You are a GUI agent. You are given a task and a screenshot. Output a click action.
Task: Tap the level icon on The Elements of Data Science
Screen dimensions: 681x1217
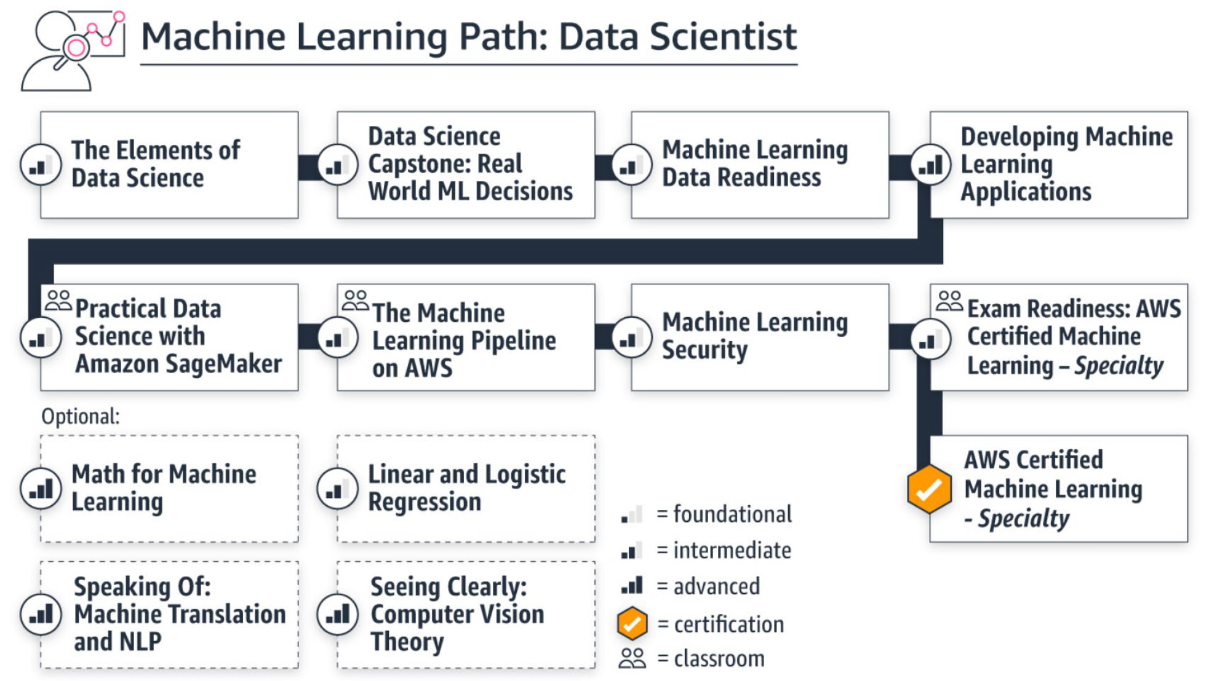tap(41, 165)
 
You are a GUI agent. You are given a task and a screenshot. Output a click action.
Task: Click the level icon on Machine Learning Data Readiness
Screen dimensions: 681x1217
tap(631, 165)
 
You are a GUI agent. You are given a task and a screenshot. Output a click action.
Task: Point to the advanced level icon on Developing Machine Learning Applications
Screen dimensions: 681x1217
tap(930, 165)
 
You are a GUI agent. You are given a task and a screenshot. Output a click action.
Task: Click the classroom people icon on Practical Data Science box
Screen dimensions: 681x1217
tap(58, 301)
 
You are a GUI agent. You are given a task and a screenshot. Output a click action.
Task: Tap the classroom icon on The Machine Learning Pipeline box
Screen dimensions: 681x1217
tap(355, 301)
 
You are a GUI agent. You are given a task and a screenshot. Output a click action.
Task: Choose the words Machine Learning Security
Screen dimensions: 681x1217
tap(754, 336)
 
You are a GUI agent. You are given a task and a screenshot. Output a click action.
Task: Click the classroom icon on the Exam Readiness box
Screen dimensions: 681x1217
tap(949, 301)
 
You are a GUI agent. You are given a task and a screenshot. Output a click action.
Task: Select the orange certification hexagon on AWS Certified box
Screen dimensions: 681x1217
tap(929, 489)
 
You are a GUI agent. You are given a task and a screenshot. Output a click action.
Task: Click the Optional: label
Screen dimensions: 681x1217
tap(80, 417)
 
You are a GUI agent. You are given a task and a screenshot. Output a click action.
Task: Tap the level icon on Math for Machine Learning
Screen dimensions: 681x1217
tap(41, 489)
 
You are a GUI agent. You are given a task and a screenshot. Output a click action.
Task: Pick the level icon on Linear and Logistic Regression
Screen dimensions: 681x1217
tap(337, 489)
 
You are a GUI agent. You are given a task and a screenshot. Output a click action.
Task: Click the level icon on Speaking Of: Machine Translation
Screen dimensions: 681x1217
tap(41, 614)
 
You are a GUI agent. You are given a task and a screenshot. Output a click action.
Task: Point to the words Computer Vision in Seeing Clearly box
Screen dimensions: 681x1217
tap(457, 614)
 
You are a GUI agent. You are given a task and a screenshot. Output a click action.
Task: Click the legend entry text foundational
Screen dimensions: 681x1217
tap(732, 514)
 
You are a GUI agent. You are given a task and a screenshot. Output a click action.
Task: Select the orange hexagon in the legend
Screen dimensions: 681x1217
tap(632, 624)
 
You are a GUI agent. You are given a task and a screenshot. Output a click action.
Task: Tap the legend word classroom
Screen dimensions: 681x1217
tap(719, 659)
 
